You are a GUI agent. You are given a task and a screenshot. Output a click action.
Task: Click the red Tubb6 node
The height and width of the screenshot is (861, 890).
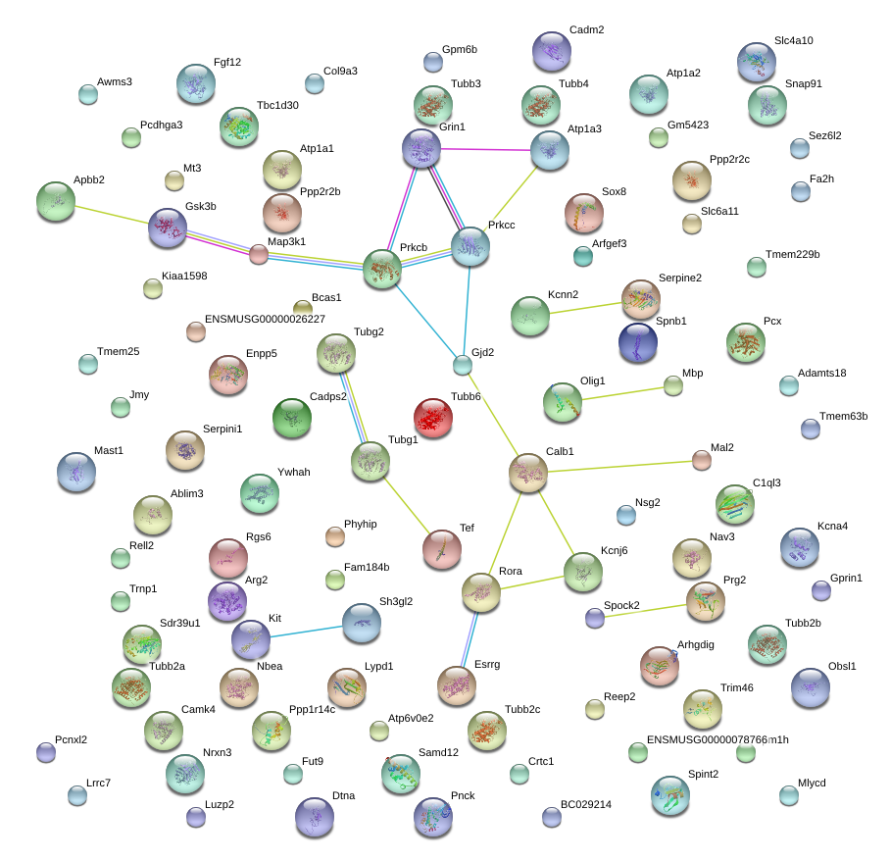(433, 418)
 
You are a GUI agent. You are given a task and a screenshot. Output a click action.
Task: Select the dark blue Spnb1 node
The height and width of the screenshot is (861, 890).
(638, 342)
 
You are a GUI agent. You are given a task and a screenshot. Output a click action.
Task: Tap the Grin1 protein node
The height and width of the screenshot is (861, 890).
(421, 148)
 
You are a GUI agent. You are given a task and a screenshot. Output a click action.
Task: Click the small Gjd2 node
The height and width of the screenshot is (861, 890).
(463, 365)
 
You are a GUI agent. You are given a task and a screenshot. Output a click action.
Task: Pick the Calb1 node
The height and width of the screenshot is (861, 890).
(528, 473)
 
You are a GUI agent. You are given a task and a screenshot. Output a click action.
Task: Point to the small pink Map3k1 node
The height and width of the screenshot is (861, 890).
(259, 254)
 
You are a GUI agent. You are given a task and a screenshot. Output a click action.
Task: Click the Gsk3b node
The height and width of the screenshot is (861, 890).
(168, 228)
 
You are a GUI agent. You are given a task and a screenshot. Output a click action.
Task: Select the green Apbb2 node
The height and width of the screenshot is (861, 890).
(56, 201)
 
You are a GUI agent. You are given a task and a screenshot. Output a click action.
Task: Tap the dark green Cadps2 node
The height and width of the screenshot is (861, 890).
(292, 418)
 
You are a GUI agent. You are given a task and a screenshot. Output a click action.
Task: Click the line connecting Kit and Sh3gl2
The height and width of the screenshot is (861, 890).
(307, 632)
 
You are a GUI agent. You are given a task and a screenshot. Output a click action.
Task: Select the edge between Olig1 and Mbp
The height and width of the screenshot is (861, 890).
(622, 393)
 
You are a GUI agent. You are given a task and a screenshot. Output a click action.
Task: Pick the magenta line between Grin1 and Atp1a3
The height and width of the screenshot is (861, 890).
(486, 149)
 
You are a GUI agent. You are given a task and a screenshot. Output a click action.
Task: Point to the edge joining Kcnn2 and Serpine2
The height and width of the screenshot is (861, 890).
(585, 308)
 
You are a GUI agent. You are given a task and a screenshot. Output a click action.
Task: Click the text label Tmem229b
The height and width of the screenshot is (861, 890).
(792, 254)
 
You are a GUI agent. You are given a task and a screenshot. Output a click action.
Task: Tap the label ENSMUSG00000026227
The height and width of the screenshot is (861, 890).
(265, 319)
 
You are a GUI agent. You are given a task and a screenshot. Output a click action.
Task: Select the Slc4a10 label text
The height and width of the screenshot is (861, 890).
(794, 40)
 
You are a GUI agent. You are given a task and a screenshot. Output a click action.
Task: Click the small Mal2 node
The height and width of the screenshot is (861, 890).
(702, 461)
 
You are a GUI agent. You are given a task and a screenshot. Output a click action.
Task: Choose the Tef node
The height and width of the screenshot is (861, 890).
(442, 549)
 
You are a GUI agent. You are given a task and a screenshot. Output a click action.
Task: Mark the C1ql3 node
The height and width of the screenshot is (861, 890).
(735, 504)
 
